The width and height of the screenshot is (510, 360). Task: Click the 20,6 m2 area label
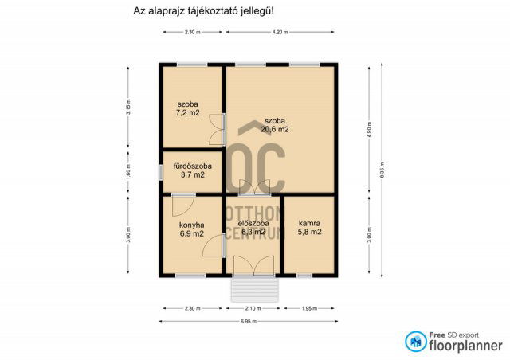pos(277,129)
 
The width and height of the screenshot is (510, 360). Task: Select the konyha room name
pos(191,225)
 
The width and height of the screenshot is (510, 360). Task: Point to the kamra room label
pos(309,223)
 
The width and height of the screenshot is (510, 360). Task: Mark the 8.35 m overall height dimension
pos(383,171)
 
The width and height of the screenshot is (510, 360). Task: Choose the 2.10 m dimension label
pos(253,308)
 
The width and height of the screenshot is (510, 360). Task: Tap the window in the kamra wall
pos(304,276)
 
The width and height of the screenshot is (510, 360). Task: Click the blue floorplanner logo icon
pos(414,342)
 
